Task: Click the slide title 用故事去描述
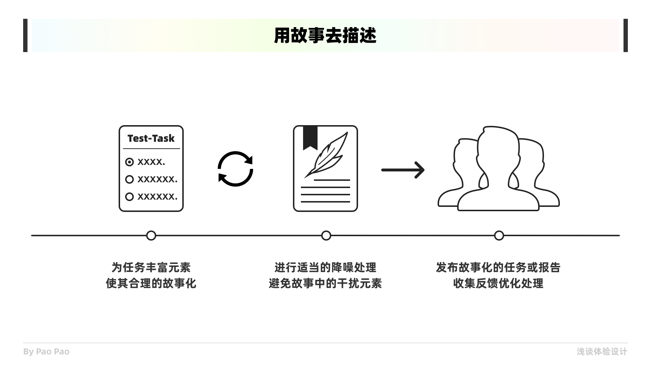325,35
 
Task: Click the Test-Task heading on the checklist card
151,139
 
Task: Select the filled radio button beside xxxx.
129,162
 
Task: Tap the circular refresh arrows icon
235,169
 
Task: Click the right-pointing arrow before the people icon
403,170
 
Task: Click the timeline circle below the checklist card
151,235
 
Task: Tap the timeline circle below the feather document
326,235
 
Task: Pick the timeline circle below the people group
499,235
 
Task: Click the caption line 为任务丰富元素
151,268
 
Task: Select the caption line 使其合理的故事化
151,283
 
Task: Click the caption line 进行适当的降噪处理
325,268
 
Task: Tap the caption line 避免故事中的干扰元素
325,283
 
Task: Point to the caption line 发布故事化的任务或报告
498,268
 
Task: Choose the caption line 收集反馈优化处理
498,283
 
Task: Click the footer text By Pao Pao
46,352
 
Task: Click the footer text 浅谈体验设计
602,352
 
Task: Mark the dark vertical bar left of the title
25,35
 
